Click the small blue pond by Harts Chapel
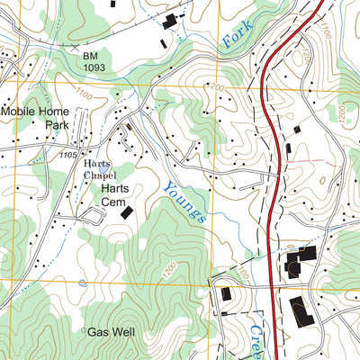(104, 167)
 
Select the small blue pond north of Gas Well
(83, 282)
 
